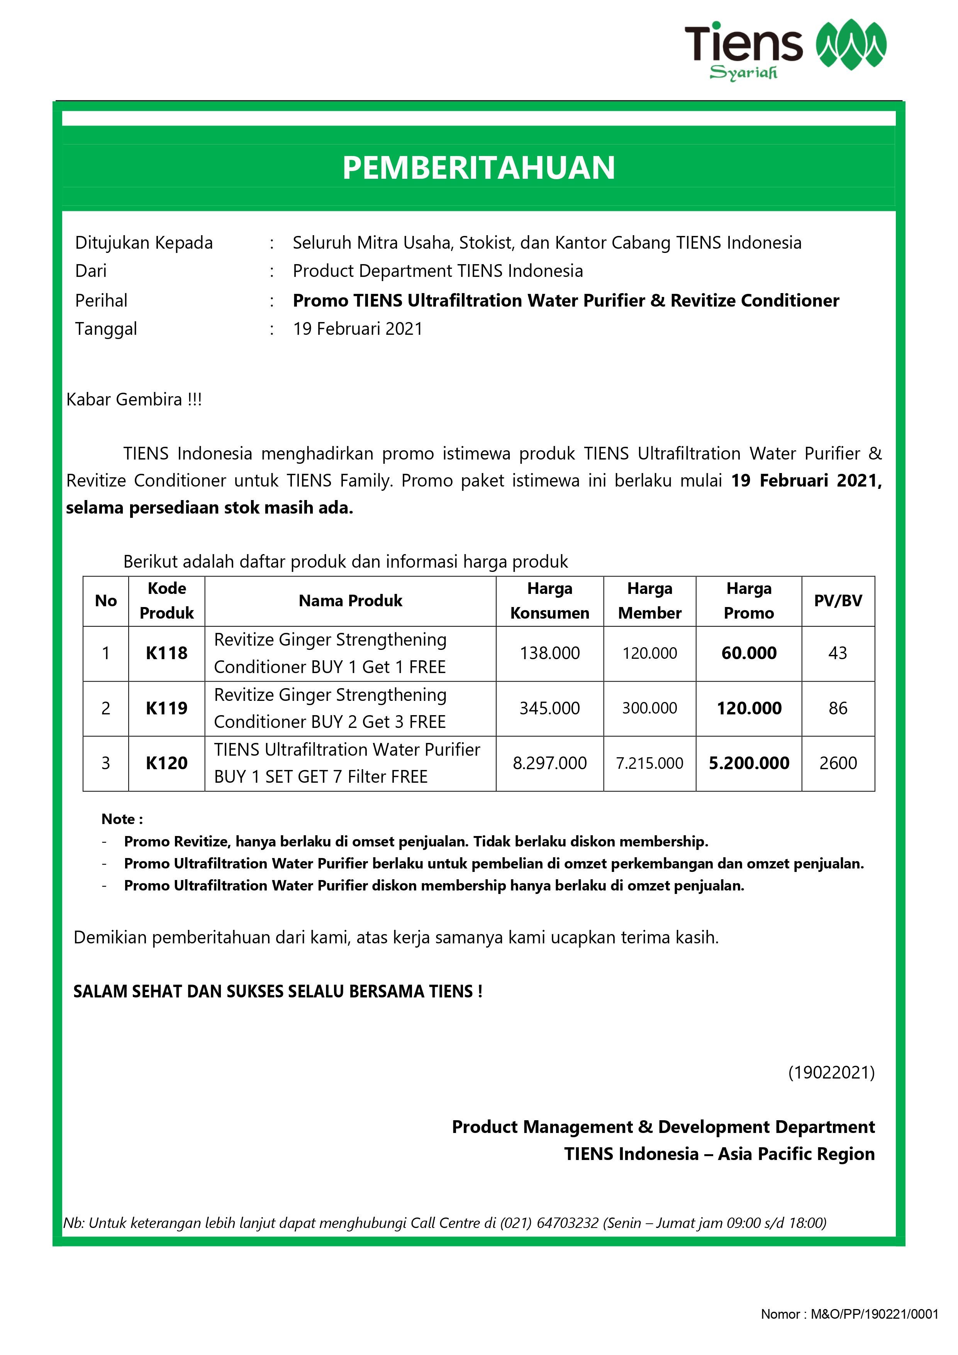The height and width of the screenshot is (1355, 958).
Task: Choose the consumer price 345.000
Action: pos(549,708)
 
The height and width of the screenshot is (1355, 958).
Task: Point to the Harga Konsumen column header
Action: pos(549,601)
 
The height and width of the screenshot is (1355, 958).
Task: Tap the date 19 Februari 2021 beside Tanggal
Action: pos(358,329)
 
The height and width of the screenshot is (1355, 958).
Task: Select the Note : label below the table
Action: pos(122,819)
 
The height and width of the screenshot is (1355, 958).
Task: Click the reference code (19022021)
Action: pos(831,1072)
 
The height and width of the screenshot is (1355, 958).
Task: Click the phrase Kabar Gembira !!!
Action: pos(134,400)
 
